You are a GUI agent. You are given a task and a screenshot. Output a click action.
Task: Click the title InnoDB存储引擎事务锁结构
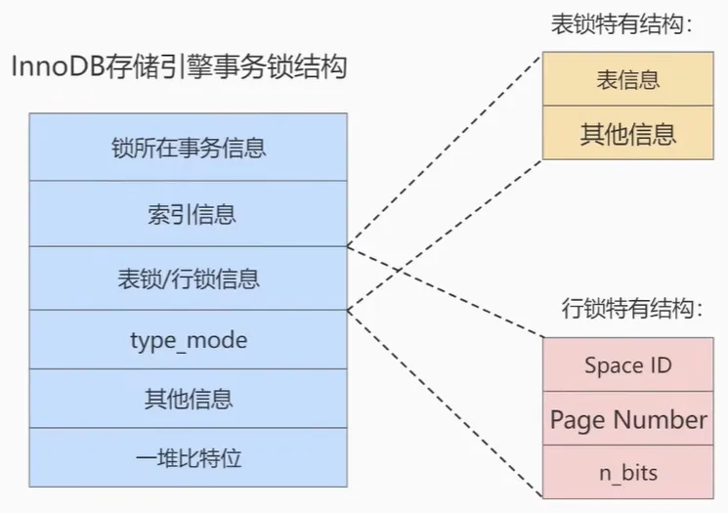(179, 66)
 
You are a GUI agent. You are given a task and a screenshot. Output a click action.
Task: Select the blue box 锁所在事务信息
(188, 148)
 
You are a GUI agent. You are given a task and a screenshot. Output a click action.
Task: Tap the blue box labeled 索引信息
(188, 214)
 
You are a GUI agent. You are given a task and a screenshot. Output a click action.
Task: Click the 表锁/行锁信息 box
(188, 278)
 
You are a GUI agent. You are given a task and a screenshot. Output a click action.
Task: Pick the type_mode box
(188, 340)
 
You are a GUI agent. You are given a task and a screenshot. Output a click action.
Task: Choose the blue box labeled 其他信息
(188, 399)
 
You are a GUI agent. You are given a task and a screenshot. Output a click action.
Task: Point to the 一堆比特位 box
(188, 457)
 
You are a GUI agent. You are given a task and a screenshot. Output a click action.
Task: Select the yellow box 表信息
(627, 79)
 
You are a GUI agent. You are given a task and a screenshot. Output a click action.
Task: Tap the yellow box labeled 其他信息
(627, 133)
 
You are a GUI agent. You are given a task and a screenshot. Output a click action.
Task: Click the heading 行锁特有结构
(632, 308)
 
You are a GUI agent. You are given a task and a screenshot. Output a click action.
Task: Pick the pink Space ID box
(627, 364)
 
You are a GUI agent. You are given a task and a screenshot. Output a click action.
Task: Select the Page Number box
(627, 418)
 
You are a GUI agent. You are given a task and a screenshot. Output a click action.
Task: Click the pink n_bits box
(627, 472)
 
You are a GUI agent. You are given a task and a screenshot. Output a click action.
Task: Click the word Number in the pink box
(661, 419)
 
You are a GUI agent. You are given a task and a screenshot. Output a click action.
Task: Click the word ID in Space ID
(662, 364)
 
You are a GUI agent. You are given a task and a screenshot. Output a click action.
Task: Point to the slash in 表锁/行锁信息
(168, 279)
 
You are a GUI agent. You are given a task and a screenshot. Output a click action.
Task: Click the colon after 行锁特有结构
(699, 309)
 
